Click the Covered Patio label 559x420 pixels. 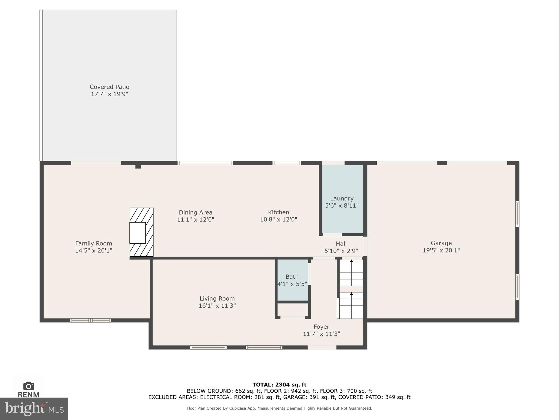pos(109,87)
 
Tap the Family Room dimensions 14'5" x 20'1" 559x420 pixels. pos(94,250)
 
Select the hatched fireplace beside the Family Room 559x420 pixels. pos(141,232)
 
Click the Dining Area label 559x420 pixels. pos(195,212)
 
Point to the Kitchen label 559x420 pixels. pos(278,212)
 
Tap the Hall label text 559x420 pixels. pos(341,244)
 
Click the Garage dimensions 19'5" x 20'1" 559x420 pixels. pos(441,250)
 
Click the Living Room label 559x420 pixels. pos(217,299)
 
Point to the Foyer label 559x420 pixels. pos(321,327)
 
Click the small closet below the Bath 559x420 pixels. pos(293,310)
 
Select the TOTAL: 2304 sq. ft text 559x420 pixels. pos(279,385)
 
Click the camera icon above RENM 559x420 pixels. pos(29,386)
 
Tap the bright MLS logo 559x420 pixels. pos(34,409)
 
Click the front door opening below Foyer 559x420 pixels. pos(322,347)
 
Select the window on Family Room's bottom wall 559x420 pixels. pos(90,320)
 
